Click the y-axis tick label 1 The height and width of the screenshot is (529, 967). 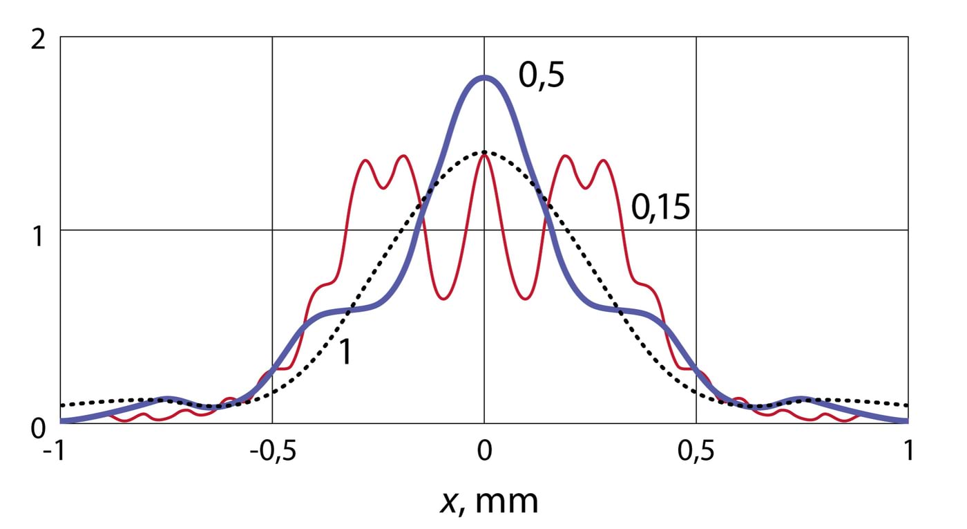(39, 236)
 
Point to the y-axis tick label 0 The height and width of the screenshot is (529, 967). (39, 428)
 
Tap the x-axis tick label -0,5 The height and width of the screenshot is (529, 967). (271, 452)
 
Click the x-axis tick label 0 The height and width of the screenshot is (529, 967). (484, 452)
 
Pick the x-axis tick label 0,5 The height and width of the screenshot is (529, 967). (696, 452)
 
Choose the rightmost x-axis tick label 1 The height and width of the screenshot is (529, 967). (908, 452)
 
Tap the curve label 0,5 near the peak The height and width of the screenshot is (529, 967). (542, 76)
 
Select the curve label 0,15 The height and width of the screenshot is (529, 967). (661, 207)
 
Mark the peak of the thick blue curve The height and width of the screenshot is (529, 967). (484, 77)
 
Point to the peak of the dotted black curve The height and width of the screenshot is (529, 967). (484, 151)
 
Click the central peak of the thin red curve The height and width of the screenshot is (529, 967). (484, 155)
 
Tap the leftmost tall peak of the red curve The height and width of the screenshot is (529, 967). (365, 161)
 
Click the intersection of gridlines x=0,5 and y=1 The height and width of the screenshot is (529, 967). (696, 230)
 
